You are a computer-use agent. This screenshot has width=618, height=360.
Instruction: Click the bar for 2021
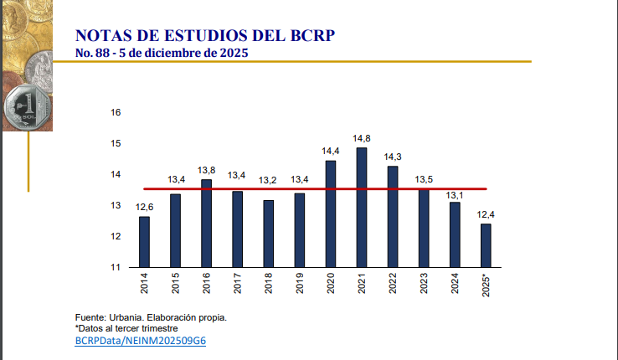[361, 208]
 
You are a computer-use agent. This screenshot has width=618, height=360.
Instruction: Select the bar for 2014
[144, 242]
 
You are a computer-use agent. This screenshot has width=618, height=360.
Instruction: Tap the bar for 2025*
[486, 245]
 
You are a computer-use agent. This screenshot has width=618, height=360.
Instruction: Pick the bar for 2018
[268, 234]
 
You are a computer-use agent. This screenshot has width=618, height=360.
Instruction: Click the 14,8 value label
[361, 138]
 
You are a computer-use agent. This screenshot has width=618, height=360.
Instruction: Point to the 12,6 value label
[144, 207]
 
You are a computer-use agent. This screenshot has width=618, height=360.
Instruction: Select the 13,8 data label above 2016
[206, 170]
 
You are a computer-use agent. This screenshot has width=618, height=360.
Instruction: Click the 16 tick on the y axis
[116, 112]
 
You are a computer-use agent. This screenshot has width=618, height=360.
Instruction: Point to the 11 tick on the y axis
[116, 267]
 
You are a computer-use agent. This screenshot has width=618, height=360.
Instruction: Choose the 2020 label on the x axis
[331, 285]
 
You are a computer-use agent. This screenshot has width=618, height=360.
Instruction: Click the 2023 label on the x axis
[424, 285]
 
